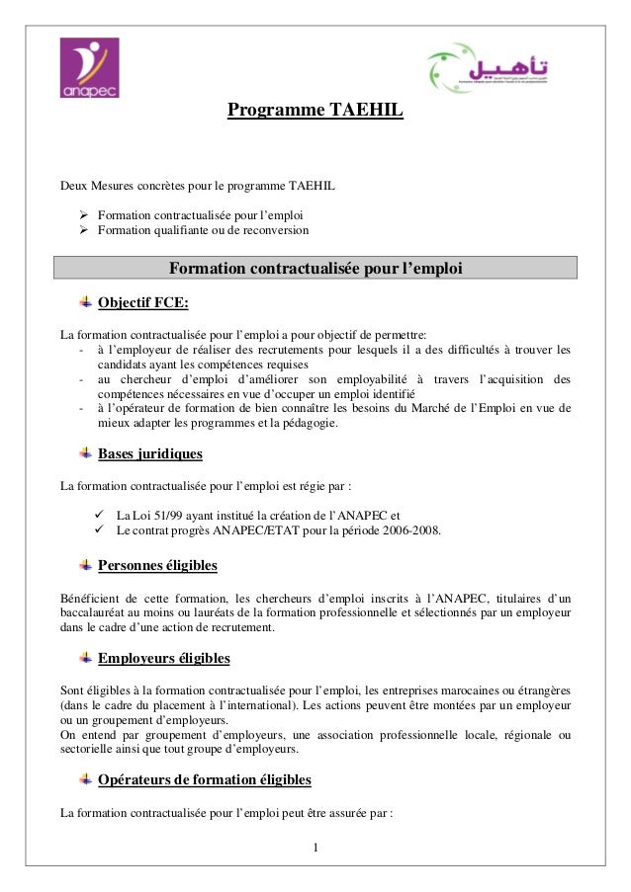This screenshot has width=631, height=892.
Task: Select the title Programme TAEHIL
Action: tap(315, 111)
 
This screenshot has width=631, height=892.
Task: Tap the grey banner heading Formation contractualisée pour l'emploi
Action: tap(315, 269)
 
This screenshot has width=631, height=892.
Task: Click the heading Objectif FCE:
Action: tap(143, 302)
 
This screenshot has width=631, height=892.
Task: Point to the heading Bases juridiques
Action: tap(150, 454)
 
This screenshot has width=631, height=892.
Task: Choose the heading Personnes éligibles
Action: tap(157, 566)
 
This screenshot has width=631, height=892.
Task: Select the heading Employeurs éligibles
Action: tap(164, 659)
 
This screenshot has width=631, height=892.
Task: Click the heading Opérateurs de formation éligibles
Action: tap(205, 780)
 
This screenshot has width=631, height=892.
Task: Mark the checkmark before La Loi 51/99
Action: tap(98, 514)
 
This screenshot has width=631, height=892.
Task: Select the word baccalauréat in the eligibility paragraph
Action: tap(101, 613)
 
